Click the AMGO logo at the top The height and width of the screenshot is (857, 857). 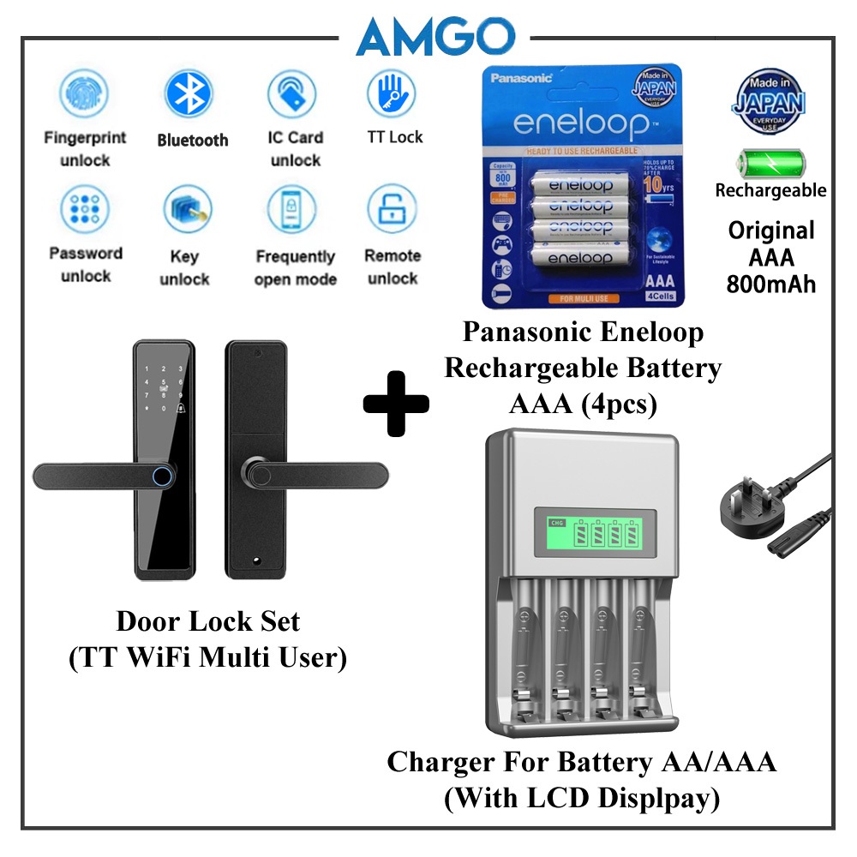(x=435, y=37)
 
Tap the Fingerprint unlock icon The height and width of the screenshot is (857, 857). (x=85, y=94)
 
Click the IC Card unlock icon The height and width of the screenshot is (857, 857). (x=293, y=94)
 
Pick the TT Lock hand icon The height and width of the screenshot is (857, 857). (x=392, y=94)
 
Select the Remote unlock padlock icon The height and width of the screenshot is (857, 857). (x=392, y=210)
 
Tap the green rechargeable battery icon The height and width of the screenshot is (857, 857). (x=770, y=162)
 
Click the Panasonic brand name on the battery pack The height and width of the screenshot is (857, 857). (x=522, y=79)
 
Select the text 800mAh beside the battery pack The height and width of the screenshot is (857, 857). (x=771, y=283)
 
